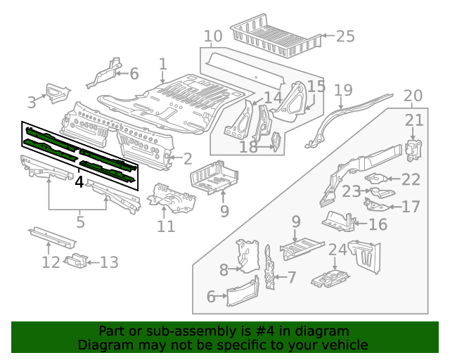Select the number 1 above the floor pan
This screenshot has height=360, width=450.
point(162,65)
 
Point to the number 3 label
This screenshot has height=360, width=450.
point(32,103)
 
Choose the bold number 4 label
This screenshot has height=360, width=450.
point(79,183)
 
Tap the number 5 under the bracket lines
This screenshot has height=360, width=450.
point(79,222)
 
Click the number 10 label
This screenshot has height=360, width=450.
point(213,36)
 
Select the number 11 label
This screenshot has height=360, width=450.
point(165,226)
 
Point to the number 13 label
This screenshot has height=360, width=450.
point(109,262)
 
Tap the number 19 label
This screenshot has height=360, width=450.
point(342,90)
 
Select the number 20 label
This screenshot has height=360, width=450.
point(413,96)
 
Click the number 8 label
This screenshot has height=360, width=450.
point(224,269)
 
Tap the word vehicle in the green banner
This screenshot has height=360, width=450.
point(347,345)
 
